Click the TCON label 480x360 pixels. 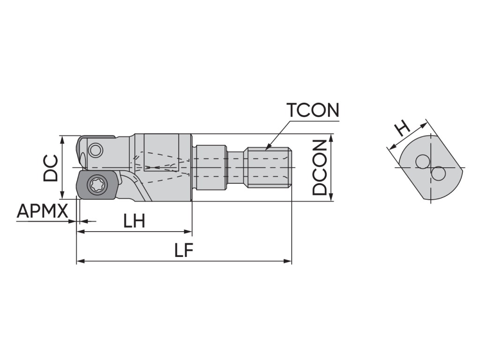tap(313, 110)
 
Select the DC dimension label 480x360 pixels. tap(50, 168)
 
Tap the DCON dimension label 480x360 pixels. tap(320, 167)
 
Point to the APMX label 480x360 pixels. tap(42, 211)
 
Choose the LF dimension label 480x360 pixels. tap(184, 250)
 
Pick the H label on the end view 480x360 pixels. tap(401, 128)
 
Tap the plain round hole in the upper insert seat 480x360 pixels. tap(95, 150)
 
